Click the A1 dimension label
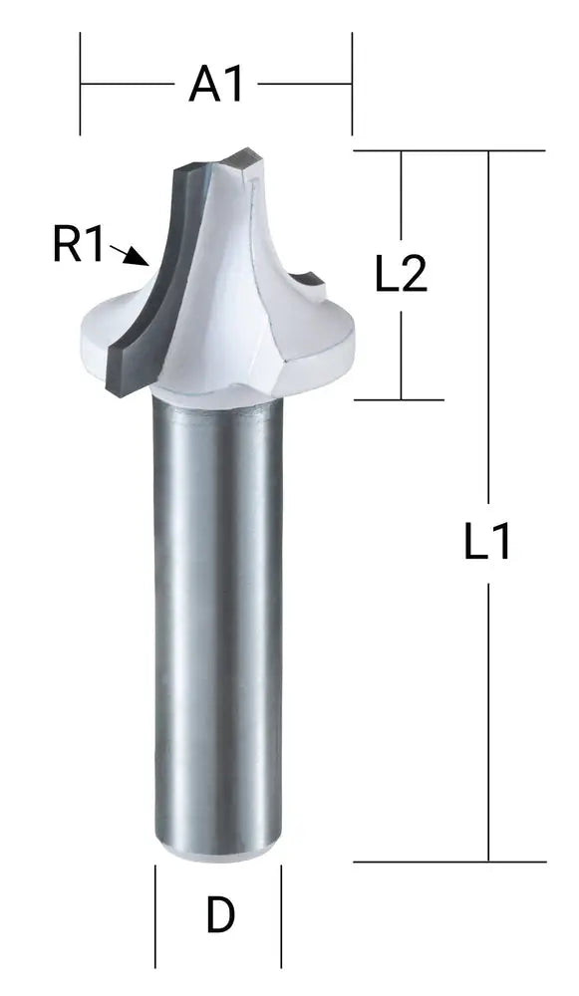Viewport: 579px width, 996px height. pos(216,86)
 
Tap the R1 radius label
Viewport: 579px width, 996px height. pos(79,244)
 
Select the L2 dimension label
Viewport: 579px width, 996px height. pos(401,275)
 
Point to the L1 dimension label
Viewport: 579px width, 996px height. pos(488,543)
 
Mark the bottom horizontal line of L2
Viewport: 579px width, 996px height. pos(399,400)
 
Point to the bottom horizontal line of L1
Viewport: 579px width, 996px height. pos(448,862)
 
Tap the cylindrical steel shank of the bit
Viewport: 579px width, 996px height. pos(217,618)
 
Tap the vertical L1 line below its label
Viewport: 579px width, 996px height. pos(488,717)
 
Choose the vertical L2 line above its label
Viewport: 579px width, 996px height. pos(401,199)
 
